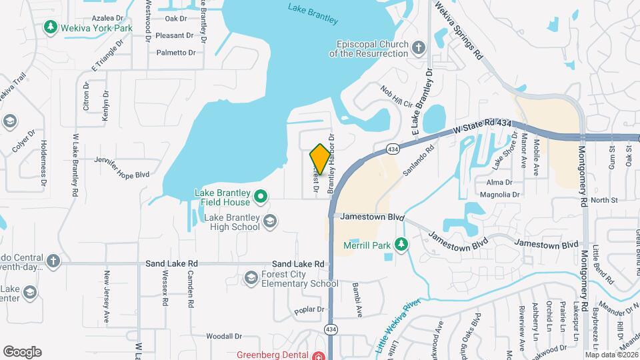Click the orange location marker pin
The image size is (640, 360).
coord(320,159)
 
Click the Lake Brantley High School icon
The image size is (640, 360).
coord(270,221)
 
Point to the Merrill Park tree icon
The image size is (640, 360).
coord(401,244)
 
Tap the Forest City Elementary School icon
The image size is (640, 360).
coord(251,277)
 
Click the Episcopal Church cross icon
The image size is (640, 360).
coord(418,47)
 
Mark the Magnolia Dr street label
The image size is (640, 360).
coord(503,195)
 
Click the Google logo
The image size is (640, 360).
coord(22,351)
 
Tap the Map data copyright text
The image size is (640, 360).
coord(611,355)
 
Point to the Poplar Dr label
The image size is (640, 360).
coord(309,310)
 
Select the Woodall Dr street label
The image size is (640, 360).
coord(223,337)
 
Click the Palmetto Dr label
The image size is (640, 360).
coord(175,52)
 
